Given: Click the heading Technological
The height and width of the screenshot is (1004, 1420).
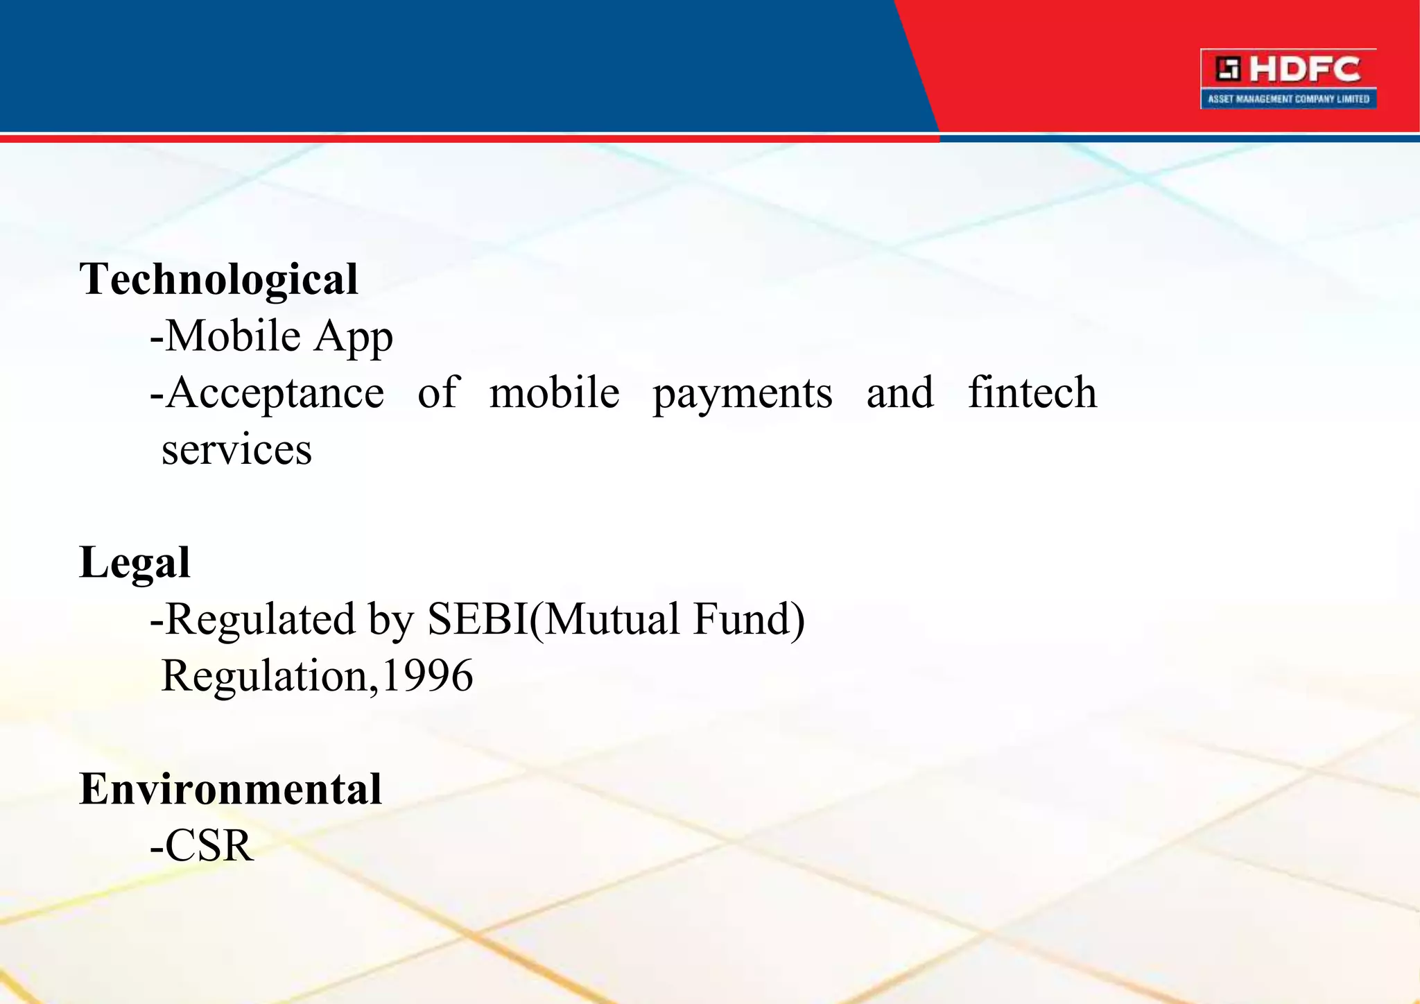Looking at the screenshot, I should [218, 279].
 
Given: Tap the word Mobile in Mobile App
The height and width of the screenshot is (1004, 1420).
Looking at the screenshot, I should [233, 336].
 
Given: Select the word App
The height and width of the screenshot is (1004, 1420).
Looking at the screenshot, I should [353, 338].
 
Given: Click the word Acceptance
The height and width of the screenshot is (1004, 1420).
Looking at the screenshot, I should [275, 394].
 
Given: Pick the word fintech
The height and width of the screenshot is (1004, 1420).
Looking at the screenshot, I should [1032, 392].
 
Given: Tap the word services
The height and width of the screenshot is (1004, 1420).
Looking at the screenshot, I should [236, 450].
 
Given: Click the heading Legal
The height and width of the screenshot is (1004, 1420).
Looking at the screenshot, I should [135, 563].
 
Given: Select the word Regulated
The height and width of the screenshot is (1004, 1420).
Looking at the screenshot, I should [260, 619].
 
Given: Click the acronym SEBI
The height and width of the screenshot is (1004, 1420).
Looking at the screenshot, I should [478, 618].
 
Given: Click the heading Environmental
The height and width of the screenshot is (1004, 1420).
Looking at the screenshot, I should [230, 789].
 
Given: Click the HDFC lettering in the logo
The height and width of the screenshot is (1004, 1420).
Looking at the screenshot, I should [1306, 69].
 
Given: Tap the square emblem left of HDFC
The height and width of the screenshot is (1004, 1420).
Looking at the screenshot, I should [1228, 69].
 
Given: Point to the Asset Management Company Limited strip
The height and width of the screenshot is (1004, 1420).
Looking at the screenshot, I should [1288, 99].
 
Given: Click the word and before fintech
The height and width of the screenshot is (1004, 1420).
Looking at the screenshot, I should [899, 392].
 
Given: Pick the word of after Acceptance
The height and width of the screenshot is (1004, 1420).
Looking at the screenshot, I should [438, 392].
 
